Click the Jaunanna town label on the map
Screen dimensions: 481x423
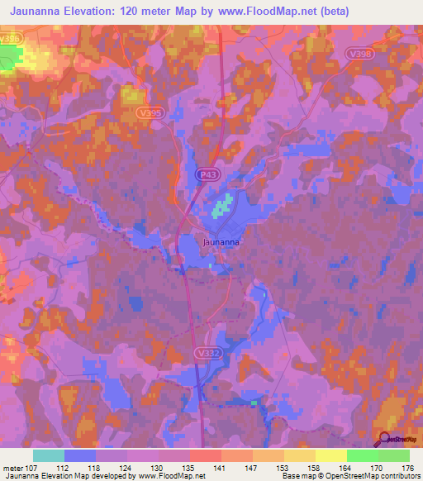tap(222, 242)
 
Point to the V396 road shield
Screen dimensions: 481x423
tap(10, 39)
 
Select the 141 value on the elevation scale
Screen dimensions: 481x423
tap(219, 467)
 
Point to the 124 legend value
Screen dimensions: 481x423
tap(126, 467)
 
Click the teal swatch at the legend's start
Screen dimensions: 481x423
tap(48, 455)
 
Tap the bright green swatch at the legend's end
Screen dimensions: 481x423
tap(393, 455)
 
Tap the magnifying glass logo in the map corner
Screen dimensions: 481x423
tap(386, 439)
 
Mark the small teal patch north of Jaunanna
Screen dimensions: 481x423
tap(221, 204)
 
